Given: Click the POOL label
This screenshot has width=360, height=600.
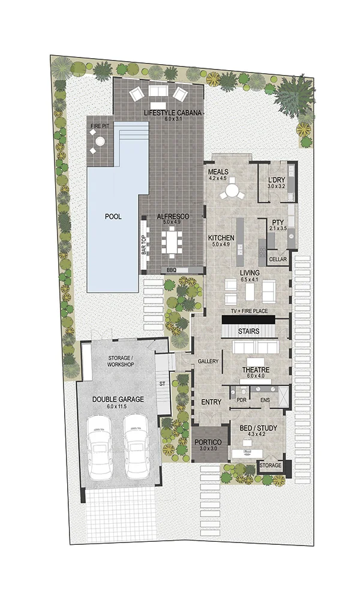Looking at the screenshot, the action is [x=113, y=217].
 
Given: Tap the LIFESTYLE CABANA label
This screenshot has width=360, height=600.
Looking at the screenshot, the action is [x=172, y=113].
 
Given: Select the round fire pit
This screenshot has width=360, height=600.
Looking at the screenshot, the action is [x=100, y=141].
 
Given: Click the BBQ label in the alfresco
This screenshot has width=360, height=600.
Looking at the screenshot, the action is [x=171, y=270].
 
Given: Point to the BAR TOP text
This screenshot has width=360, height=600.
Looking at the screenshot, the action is [x=144, y=244].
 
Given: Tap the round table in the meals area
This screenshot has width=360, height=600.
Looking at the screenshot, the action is [x=232, y=190].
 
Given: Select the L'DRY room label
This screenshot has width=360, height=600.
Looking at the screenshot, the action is [x=275, y=180].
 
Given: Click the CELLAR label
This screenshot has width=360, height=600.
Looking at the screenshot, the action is [x=278, y=259].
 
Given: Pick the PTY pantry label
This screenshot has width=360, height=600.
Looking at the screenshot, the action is [x=278, y=223].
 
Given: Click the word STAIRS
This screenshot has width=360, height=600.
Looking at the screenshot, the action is [x=248, y=331].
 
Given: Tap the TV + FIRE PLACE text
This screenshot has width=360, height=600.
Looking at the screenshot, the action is [x=249, y=311].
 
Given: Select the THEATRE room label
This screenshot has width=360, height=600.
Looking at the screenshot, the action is [x=256, y=370].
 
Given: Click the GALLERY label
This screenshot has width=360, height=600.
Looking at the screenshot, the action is [x=208, y=361].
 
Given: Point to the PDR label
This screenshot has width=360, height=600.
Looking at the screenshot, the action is [x=241, y=400].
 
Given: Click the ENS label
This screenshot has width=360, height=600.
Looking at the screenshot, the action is [x=265, y=400].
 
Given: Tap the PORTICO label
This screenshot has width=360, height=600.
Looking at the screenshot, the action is [x=208, y=442].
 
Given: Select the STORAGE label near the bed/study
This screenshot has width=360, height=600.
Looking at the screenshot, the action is [x=271, y=466].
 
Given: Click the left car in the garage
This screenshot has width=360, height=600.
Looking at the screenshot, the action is [x=99, y=447].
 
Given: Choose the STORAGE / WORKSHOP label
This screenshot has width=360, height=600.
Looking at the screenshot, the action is [x=121, y=361].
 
